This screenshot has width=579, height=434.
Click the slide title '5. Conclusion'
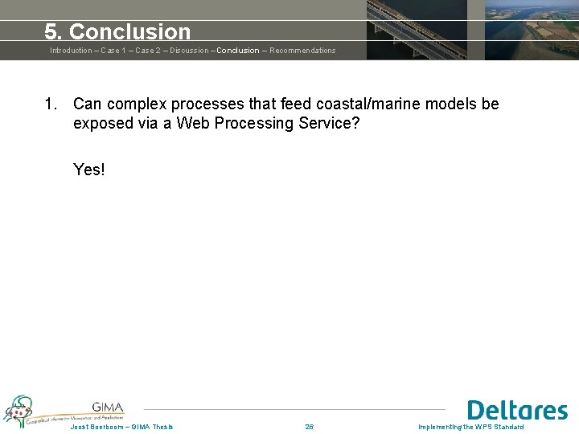(x=117, y=32)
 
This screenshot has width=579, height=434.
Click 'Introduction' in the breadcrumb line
(x=71, y=51)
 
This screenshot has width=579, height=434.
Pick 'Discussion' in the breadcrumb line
(x=190, y=51)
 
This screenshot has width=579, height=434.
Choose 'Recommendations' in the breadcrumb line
(x=302, y=51)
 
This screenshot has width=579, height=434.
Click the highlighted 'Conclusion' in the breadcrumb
(x=238, y=51)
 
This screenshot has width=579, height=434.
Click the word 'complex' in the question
(x=137, y=104)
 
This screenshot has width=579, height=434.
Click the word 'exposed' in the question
(x=102, y=124)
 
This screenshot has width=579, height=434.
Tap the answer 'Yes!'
(x=89, y=170)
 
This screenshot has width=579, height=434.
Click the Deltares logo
(x=517, y=411)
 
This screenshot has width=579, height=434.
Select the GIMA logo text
(x=108, y=407)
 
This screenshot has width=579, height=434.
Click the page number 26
(x=310, y=427)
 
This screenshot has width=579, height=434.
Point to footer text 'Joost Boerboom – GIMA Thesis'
(x=121, y=427)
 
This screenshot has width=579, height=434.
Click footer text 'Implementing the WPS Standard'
(x=470, y=427)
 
